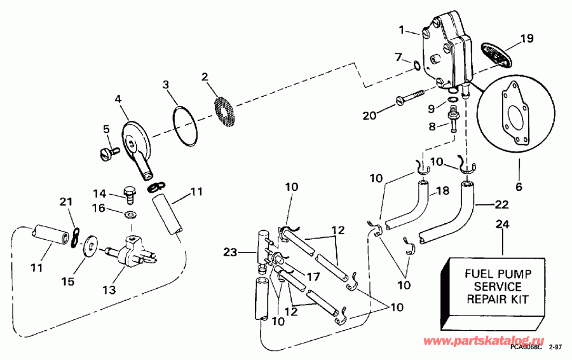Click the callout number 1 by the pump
coord(401,29)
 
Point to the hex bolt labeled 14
coord(126,191)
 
